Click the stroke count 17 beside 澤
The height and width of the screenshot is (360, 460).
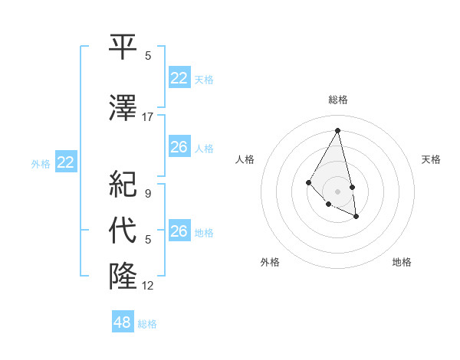148,116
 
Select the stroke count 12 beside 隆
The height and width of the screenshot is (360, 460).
148,285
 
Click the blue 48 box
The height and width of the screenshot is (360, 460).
123,322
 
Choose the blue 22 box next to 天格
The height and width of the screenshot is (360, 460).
179,78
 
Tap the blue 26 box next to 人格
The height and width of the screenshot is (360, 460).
179,146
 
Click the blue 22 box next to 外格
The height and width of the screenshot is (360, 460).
66,162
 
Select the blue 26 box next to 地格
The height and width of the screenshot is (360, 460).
179,231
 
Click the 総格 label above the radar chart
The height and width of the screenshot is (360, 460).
337,100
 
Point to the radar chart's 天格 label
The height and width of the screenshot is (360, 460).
431,159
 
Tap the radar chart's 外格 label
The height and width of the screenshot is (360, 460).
270,262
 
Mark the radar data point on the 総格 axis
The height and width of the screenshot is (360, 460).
337,130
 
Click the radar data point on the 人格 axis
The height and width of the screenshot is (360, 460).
308,182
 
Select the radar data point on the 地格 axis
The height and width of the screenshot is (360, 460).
356,217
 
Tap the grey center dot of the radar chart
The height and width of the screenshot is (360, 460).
337,191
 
